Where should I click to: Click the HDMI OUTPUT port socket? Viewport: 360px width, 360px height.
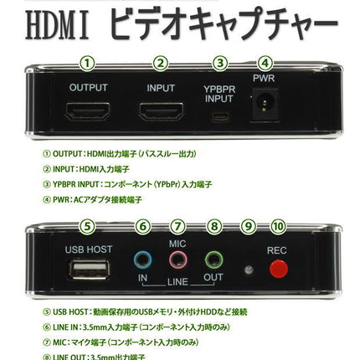pyautogui.click(x=89, y=116)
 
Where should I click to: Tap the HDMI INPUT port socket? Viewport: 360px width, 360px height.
pyautogui.click(x=160, y=116)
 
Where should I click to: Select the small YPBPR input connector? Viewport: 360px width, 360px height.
pyautogui.click(x=220, y=118)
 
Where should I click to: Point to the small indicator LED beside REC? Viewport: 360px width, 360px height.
pyautogui.click(x=248, y=269)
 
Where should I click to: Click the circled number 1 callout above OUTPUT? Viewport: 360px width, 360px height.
pyautogui.click(x=89, y=62)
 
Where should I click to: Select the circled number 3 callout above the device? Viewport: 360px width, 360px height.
pyautogui.click(x=219, y=62)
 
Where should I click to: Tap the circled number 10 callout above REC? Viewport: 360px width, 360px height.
pyautogui.click(x=277, y=225)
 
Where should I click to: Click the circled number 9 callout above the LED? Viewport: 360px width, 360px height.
pyautogui.click(x=248, y=225)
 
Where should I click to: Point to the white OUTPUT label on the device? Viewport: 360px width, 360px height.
pyautogui.click(x=88, y=86)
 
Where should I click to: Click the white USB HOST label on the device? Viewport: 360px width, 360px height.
pyautogui.click(x=87, y=249)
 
